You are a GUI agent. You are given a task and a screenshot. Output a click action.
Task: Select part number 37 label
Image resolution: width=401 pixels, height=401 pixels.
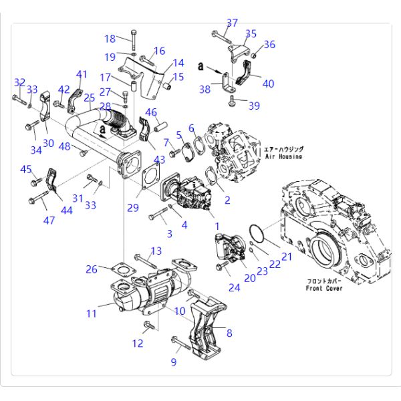[x=231, y=23]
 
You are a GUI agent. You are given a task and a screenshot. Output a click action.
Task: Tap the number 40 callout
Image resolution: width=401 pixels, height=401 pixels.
[x=268, y=84]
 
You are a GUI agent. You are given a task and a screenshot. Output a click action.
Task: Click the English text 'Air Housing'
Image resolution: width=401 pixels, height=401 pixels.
[x=284, y=156]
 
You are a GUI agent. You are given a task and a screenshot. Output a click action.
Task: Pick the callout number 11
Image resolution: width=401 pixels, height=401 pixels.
[x=92, y=313]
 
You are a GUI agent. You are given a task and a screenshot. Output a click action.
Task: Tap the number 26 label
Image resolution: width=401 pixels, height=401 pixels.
[x=92, y=269]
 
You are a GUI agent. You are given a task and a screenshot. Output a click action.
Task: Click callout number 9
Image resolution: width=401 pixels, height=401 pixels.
[x=174, y=362]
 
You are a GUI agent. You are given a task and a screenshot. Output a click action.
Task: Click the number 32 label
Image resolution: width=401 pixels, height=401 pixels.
[x=19, y=82]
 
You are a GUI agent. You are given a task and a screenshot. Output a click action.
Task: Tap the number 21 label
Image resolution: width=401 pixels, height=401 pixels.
[x=287, y=257]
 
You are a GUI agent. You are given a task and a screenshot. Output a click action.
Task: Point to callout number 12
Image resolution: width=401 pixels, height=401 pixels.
[x=138, y=344]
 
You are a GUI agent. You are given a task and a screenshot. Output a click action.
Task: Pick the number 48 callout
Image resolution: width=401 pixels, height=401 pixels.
[x=65, y=147]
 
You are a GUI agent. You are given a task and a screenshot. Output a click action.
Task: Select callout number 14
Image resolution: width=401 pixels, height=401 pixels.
[x=178, y=63]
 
